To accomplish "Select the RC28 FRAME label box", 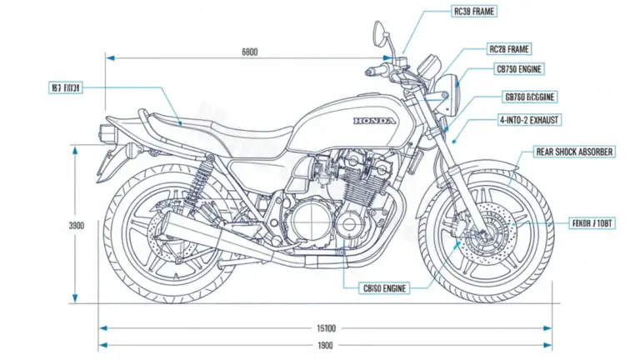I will [x=508, y=49].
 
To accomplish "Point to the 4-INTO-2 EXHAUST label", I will [x=530, y=120].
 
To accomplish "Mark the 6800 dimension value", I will [x=249, y=52].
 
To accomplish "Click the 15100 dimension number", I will [x=325, y=328].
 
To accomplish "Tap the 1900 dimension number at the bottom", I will [x=325, y=345].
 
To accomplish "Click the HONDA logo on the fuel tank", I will [x=376, y=121].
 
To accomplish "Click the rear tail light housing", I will [x=106, y=131].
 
